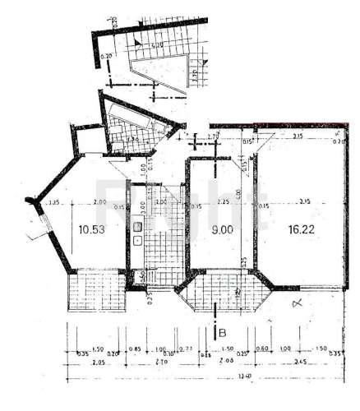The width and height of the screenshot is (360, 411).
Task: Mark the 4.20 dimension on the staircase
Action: [155, 44]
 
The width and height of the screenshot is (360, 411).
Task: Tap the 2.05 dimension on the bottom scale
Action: [76, 362]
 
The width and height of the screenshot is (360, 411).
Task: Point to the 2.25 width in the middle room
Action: [222, 201]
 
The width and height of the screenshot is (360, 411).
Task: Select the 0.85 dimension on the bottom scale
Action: [135, 347]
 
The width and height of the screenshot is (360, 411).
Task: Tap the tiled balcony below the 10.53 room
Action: [95, 293]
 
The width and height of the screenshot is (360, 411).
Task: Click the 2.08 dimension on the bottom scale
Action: [228, 362]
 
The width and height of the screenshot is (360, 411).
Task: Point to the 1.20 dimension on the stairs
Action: [193, 78]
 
